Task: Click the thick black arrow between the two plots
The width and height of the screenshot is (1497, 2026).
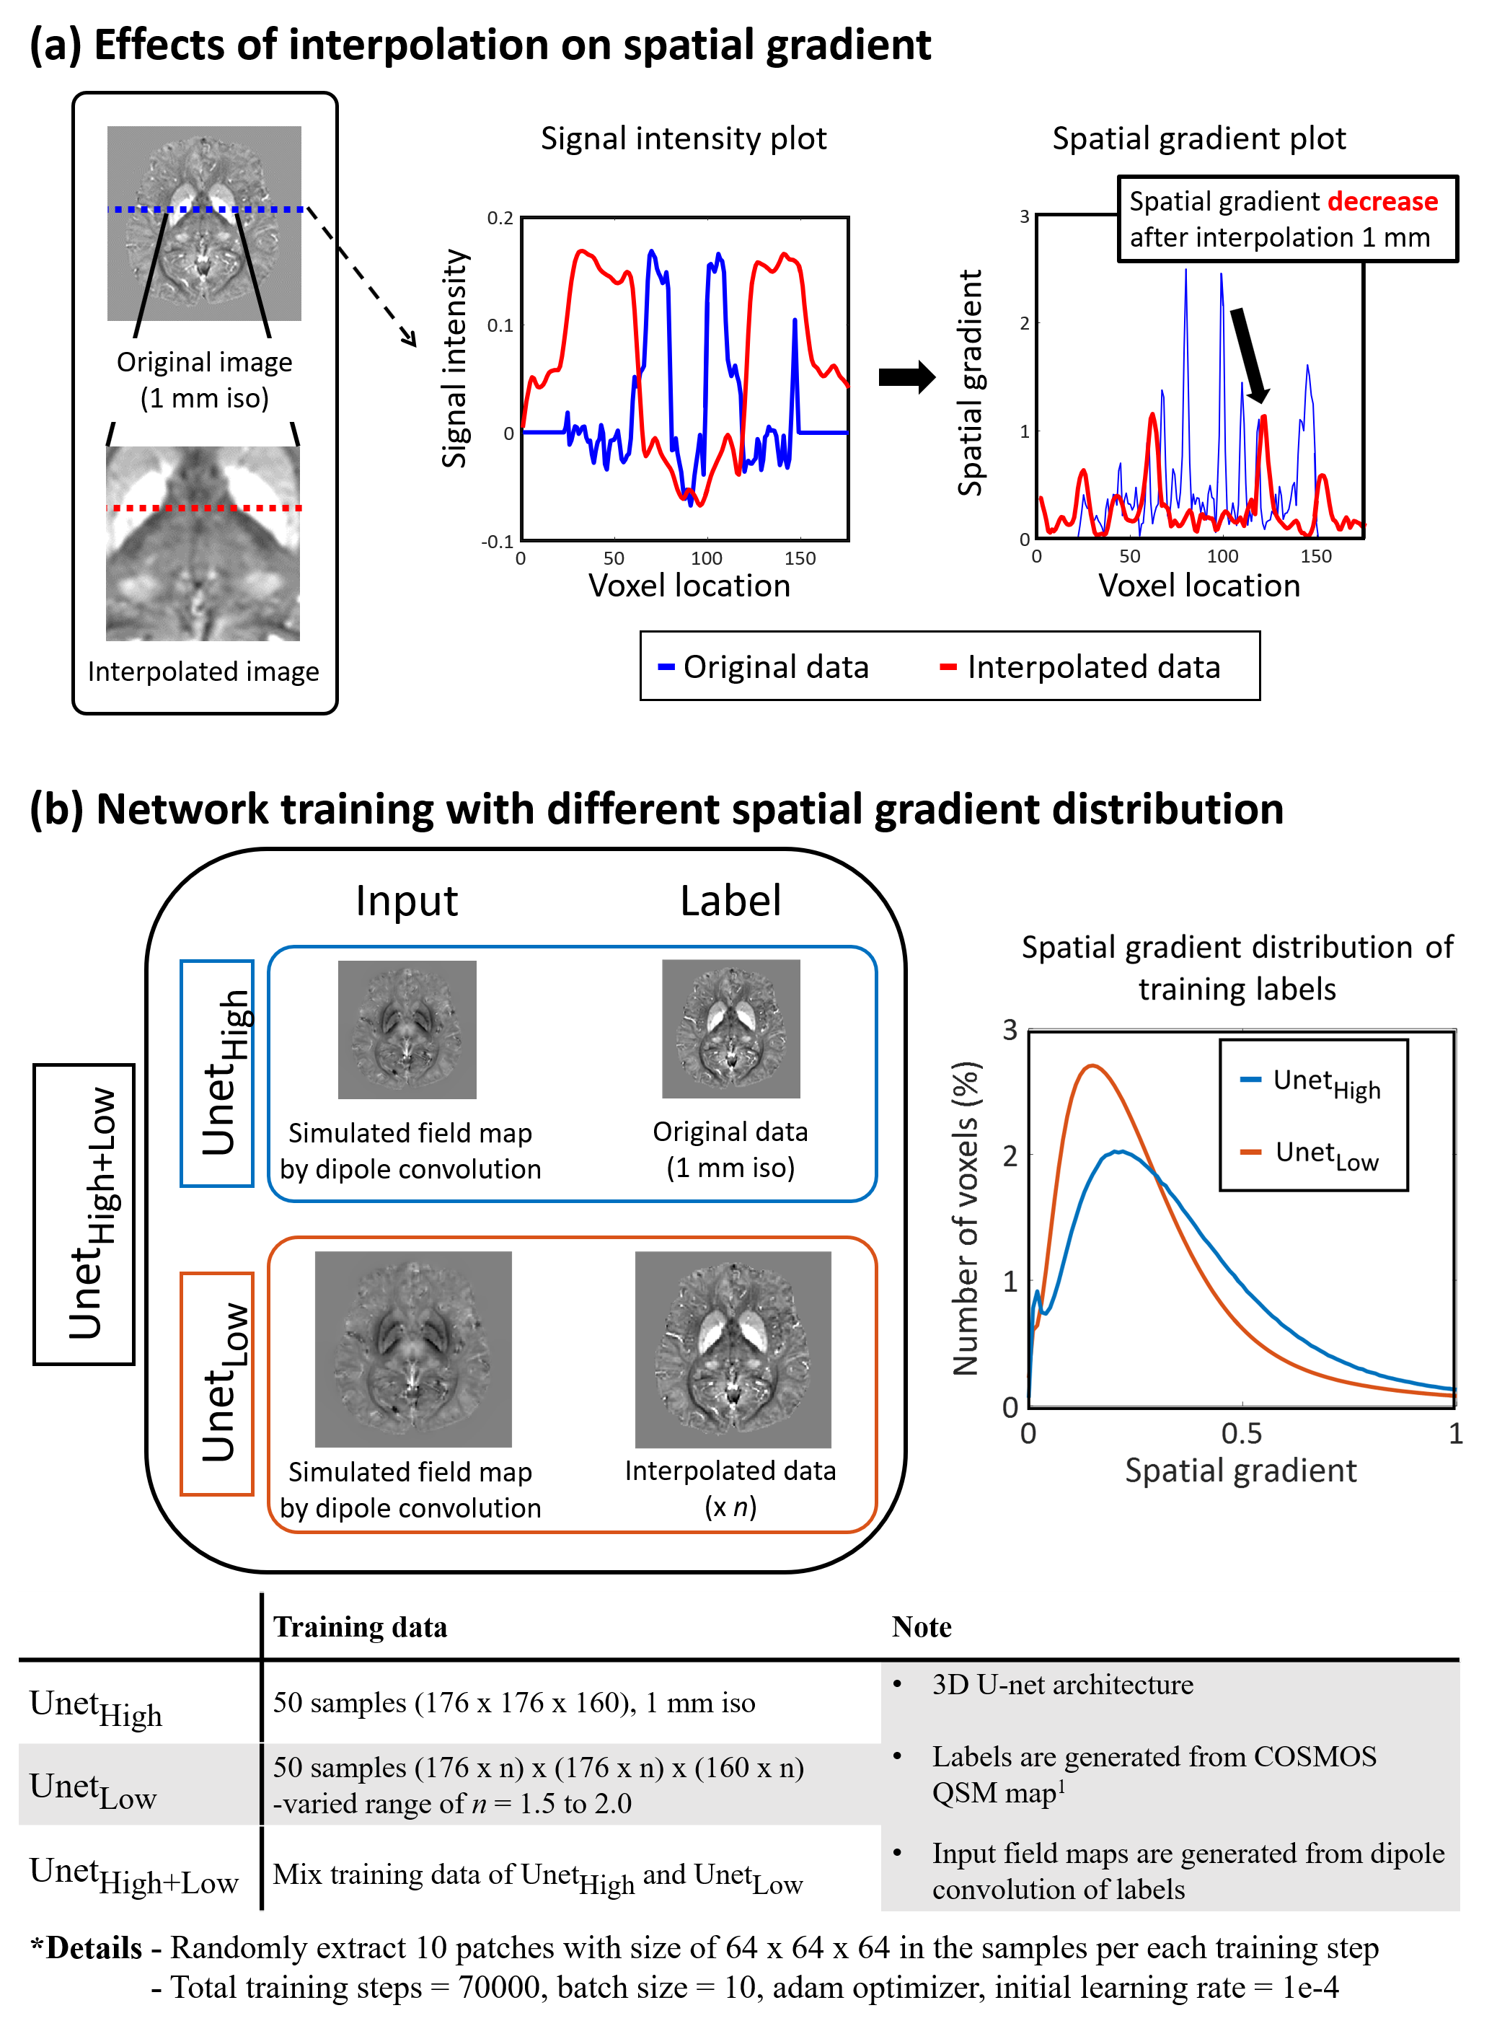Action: click(x=906, y=376)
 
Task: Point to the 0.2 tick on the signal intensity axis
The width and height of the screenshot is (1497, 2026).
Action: click(x=500, y=219)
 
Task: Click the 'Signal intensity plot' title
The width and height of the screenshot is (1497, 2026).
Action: click(x=684, y=138)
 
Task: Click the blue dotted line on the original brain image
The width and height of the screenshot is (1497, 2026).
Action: click(x=205, y=209)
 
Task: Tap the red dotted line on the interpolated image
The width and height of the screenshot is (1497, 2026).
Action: click(x=204, y=508)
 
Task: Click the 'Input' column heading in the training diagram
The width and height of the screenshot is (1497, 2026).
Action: click(x=406, y=901)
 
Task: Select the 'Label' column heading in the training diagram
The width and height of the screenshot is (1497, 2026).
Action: click(x=730, y=901)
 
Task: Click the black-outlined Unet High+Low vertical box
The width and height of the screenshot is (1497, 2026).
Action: click(x=84, y=1214)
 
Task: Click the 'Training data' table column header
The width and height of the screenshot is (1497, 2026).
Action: click(x=360, y=1627)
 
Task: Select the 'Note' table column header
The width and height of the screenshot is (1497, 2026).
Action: click(x=921, y=1627)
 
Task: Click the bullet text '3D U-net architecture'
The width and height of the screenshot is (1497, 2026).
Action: click(x=1062, y=1684)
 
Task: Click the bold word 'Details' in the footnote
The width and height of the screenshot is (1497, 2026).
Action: click(x=94, y=1947)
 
